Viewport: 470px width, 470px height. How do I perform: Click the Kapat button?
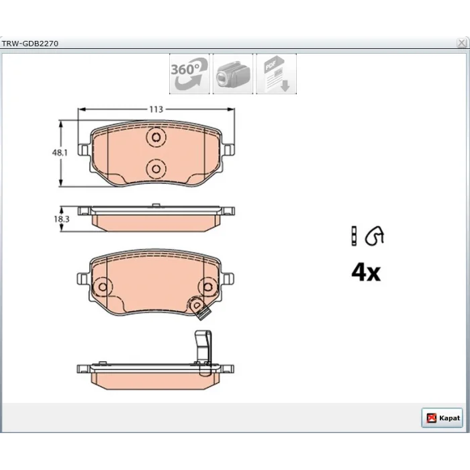[442, 418]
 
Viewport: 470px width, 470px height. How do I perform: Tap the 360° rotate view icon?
[189, 74]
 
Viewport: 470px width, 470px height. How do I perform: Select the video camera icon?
[233, 74]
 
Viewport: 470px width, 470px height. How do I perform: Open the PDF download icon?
[277, 74]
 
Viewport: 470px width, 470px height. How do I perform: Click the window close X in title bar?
[462, 43]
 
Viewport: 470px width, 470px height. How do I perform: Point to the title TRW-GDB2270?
[30, 44]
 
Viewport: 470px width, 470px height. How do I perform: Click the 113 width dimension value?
[156, 109]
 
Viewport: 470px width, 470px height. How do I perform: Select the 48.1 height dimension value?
[60, 152]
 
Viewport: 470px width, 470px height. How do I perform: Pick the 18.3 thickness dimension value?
[62, 219]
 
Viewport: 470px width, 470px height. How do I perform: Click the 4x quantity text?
[366, 272]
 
